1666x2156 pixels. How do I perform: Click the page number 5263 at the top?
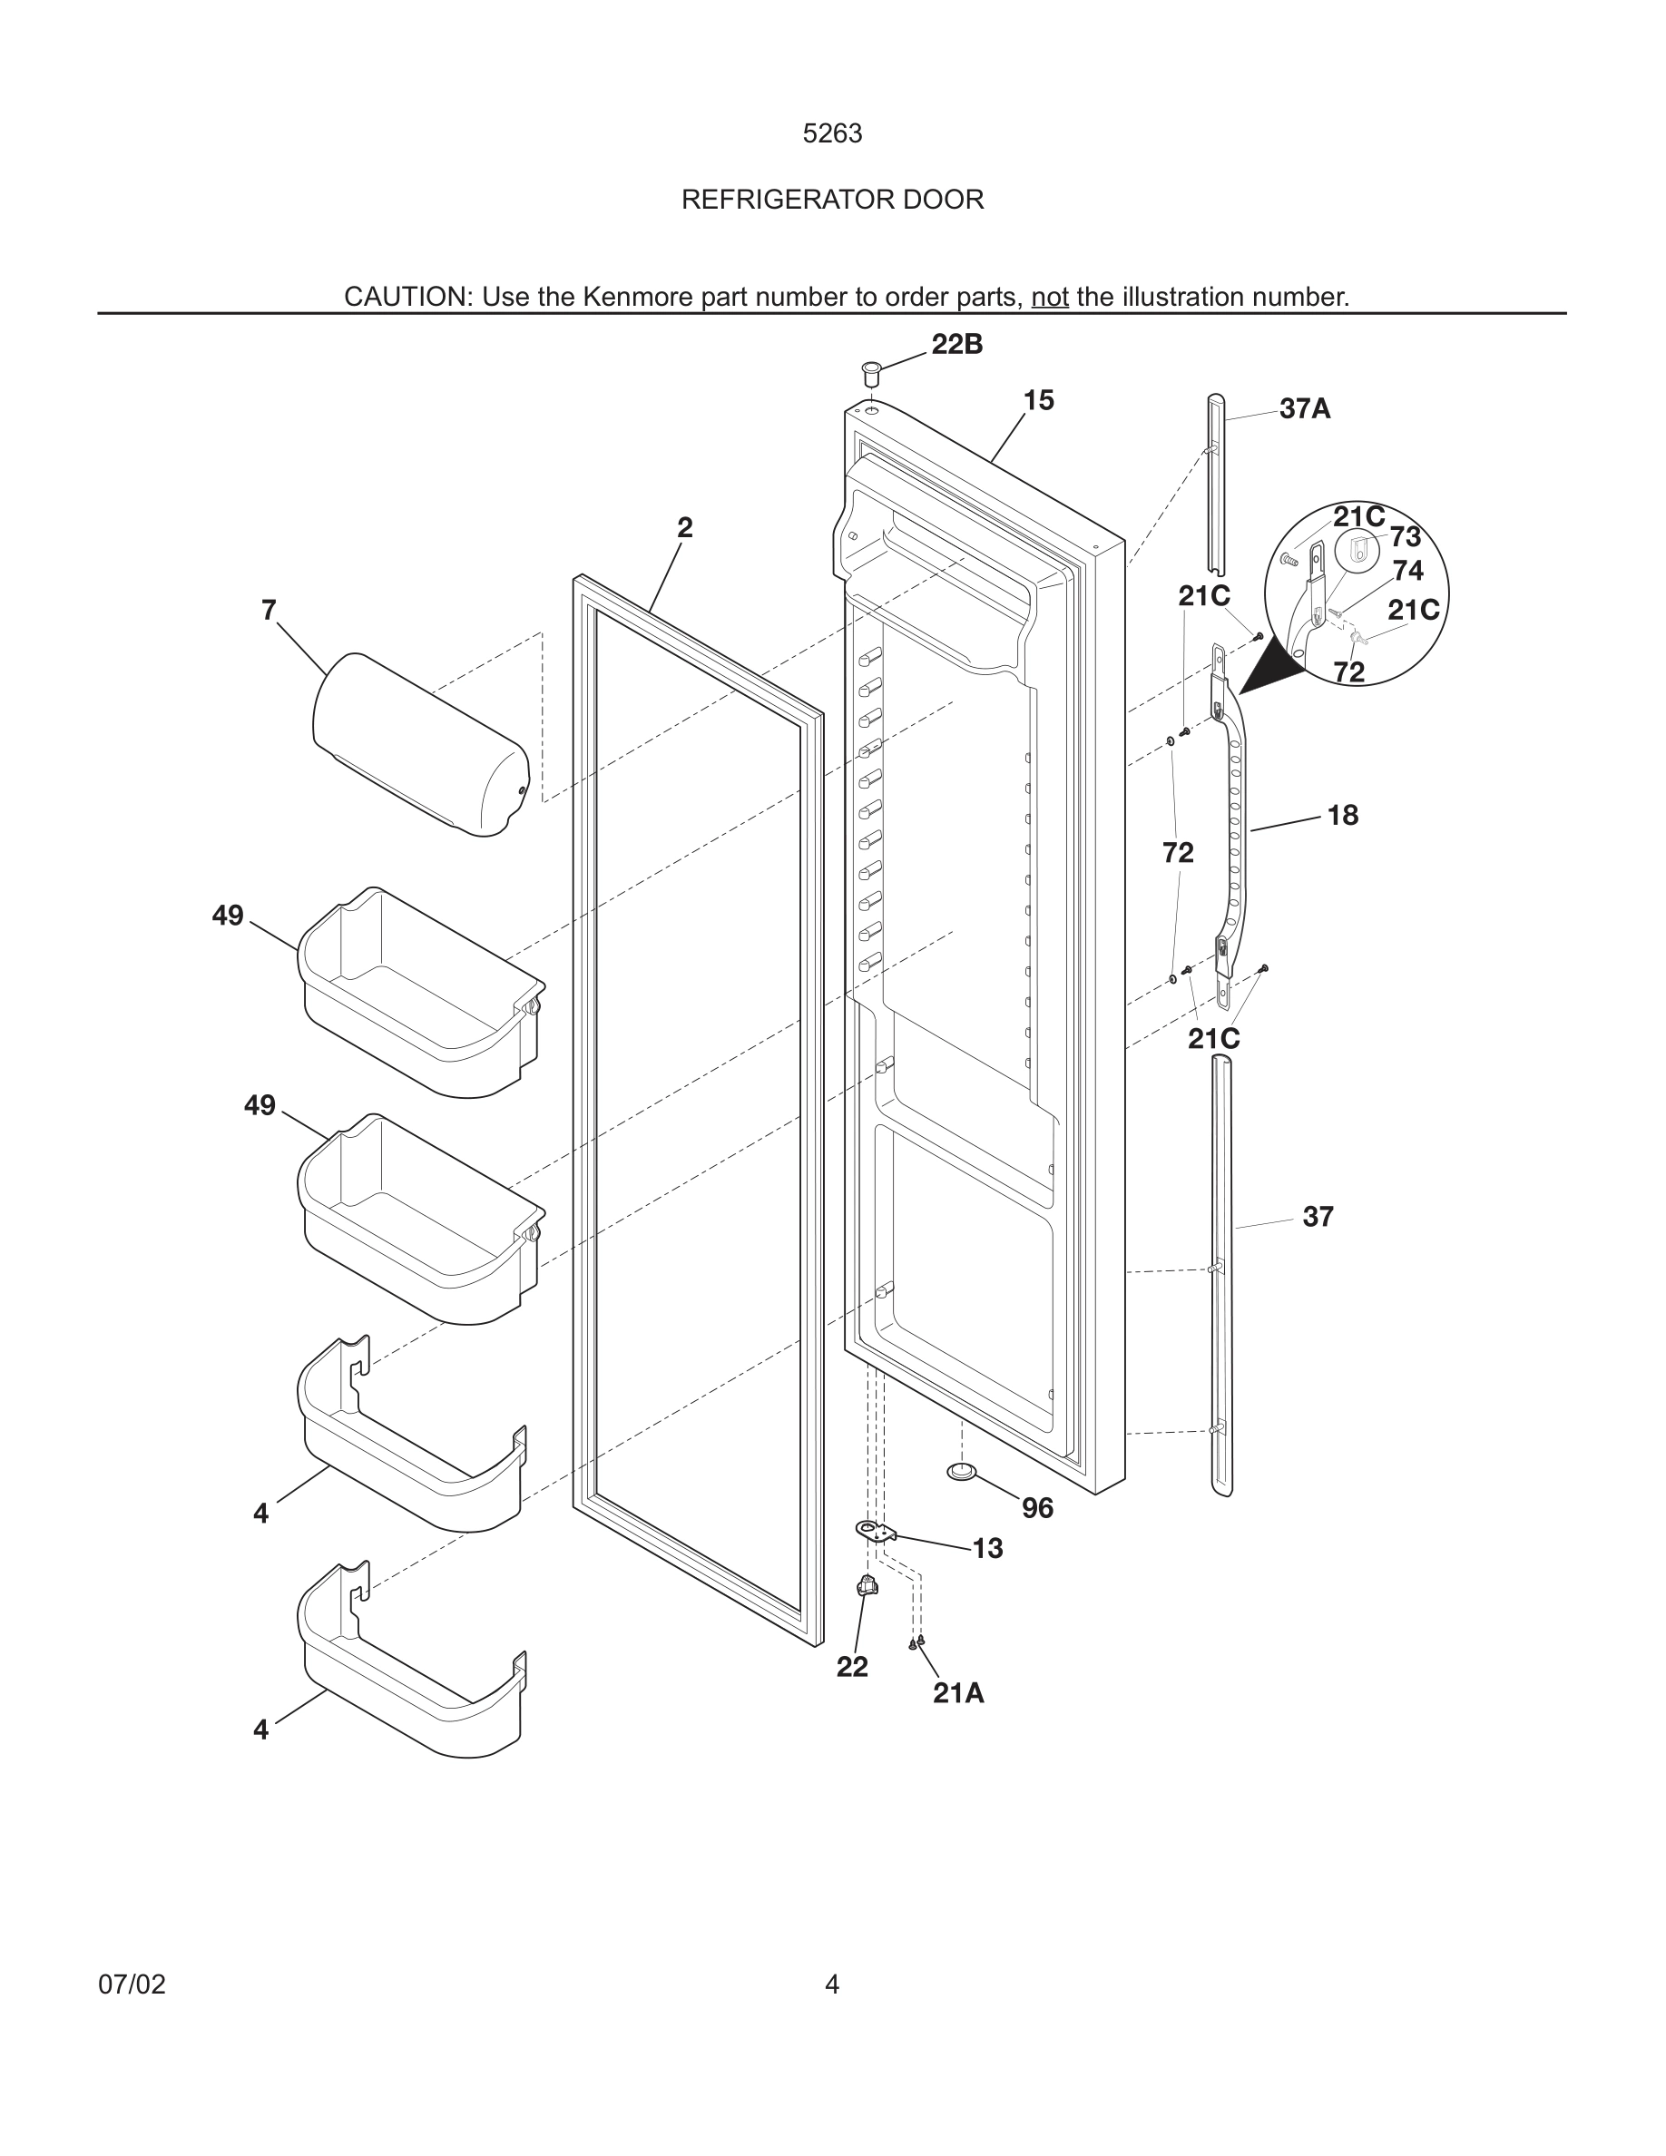832,133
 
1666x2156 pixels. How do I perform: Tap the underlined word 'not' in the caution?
1049,297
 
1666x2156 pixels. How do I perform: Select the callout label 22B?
956,345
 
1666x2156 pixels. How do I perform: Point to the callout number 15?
1038,400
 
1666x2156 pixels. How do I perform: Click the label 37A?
1304,408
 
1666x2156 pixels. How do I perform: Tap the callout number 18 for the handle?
1342,816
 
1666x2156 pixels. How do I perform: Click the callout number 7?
269,610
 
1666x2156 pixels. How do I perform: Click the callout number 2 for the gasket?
684,527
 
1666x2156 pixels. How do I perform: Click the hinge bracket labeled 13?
875,1531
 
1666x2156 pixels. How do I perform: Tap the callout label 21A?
957,1694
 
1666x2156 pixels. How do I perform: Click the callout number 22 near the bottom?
852,1666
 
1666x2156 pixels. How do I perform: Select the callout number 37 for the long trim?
1318,1217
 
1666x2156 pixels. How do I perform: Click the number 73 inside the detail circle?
1405,537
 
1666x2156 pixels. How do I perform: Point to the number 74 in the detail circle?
1407,571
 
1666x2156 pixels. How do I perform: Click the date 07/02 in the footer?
132,1984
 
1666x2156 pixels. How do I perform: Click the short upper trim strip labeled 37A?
1216,484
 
